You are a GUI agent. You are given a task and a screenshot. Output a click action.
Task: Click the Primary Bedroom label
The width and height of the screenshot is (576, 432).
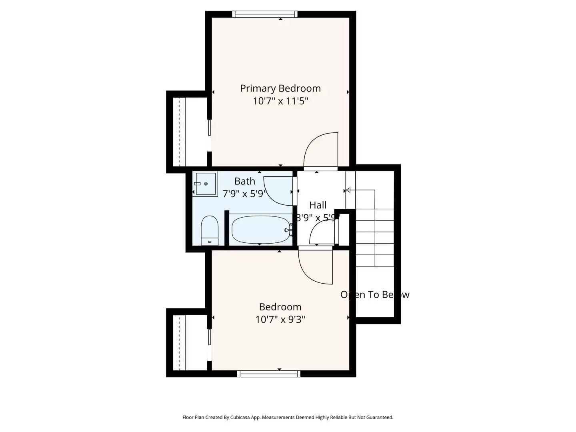point(280,88)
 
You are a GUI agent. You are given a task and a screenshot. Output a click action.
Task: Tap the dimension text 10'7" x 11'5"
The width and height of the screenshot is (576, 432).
point(280,101)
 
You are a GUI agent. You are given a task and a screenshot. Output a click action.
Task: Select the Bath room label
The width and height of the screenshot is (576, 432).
point(244,181)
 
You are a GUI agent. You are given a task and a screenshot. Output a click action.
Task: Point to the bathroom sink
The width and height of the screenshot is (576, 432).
point(206,184)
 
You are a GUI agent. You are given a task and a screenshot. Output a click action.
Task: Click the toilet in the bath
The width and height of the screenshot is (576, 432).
point(209,231)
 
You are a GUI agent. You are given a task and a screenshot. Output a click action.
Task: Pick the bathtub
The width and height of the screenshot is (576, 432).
point(260,230)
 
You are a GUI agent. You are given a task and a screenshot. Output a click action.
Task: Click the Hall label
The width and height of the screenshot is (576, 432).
point(318,205)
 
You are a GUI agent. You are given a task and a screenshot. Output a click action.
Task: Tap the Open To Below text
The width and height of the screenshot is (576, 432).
point(374,295)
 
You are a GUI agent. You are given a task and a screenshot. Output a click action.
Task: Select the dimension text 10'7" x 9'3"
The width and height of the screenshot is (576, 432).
point(280,320)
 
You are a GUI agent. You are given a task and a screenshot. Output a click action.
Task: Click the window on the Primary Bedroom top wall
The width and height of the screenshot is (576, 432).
point(265,14)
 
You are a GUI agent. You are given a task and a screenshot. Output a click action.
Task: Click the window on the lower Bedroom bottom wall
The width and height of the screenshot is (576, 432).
point(268,374)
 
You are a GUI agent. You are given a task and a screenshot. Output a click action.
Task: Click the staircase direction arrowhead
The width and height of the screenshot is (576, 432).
point(348,190)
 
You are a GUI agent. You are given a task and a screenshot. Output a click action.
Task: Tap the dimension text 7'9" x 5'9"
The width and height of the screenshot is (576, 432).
point(244,194)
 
